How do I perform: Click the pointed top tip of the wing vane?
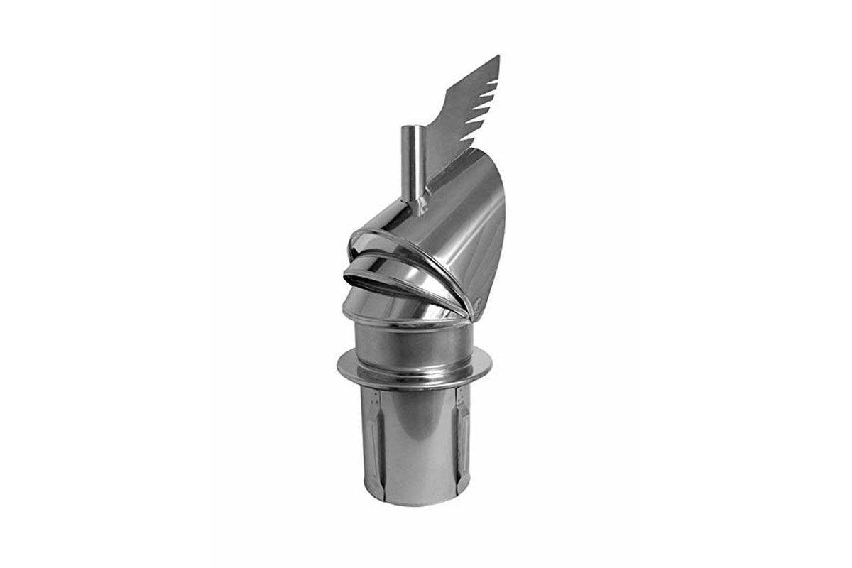(x=498, y=57)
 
